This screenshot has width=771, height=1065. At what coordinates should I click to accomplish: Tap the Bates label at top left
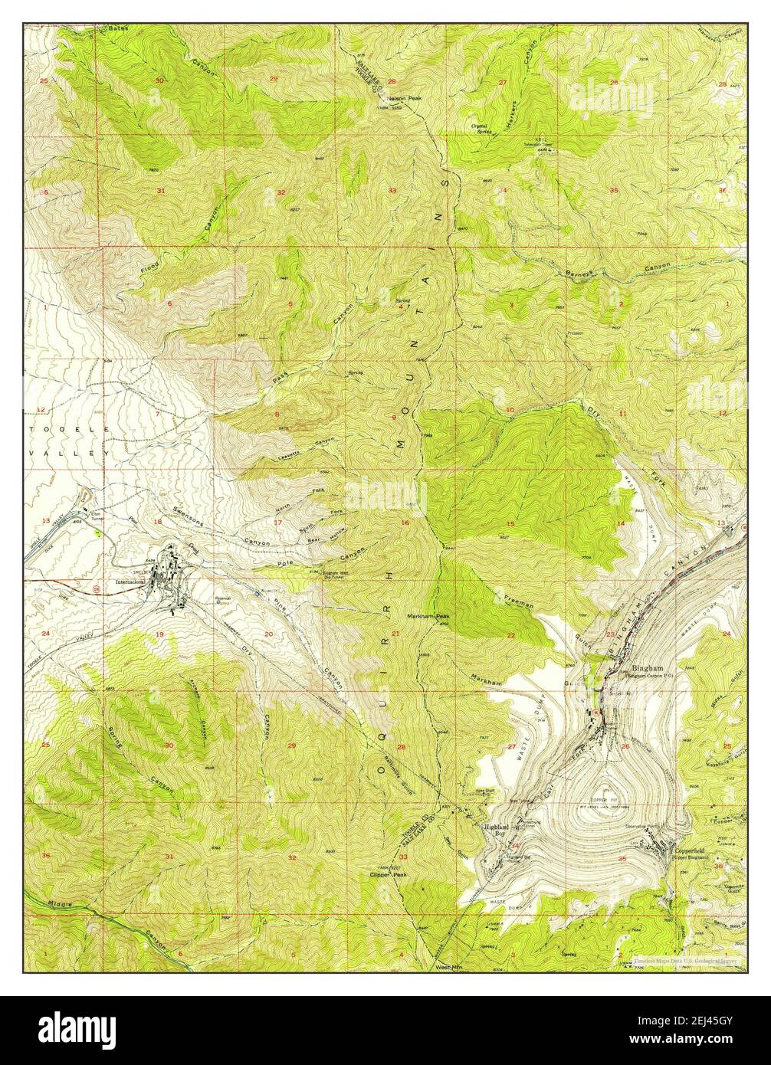pos(116,28)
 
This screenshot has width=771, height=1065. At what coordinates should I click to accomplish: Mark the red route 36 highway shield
pos(95,588)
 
